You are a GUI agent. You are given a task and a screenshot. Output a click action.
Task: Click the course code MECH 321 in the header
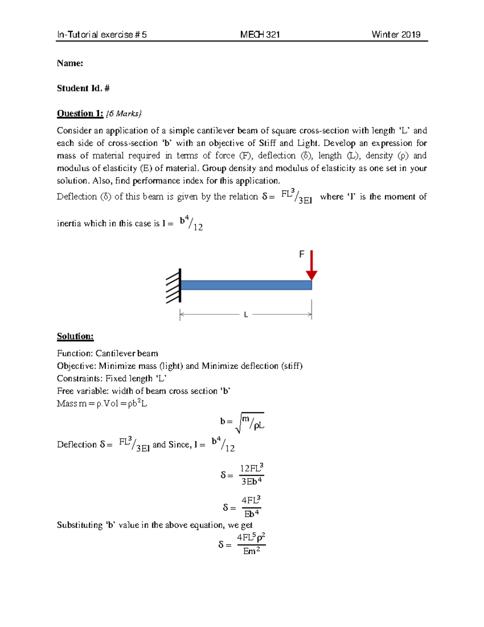pos(260,35)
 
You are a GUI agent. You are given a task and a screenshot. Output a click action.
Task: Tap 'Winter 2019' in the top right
pos(396,35)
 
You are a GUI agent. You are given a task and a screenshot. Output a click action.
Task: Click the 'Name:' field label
pos(70,63)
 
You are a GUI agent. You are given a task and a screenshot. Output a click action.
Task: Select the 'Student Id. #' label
pos(83,88)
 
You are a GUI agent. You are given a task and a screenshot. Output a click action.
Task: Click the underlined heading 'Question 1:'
pos(80,113)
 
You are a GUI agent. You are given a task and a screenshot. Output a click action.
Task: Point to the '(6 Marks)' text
pos(124,114)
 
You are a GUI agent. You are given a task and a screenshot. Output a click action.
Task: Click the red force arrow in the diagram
pos(311,265)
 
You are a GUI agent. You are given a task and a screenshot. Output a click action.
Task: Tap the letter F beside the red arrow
pos(301,254)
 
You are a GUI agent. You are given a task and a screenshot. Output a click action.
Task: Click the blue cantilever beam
pos(246,285)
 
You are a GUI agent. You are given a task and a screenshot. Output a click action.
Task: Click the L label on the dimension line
pos(246,315)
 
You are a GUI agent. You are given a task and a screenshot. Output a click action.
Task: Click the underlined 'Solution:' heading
pos(75,336)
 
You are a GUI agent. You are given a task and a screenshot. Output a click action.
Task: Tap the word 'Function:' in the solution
pos(75,354)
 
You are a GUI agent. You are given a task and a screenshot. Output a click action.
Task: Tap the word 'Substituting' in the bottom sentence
pos(80,525)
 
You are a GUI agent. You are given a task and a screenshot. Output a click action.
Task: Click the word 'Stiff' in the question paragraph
pos(267,143)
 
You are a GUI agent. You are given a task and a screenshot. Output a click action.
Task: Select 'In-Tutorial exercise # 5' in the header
pos(102,35)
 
